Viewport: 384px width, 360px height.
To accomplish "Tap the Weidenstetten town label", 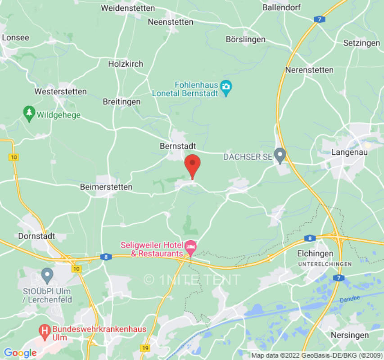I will (128, 8).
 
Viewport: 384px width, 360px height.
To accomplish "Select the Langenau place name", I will (349, 152).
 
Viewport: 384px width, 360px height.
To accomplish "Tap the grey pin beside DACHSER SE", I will (280, 156).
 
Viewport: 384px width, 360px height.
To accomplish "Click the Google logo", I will (20, 353).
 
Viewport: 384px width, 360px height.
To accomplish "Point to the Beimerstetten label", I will (106, 187).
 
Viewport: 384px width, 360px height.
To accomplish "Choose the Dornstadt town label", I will (36, 236).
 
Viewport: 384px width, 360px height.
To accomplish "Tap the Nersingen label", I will (350, 335).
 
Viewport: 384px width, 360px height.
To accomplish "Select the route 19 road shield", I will (145, 348).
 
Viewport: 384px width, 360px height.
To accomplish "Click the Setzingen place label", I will (361, 43).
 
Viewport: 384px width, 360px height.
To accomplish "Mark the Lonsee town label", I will (16, 38).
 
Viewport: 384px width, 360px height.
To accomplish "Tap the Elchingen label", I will (315, 254).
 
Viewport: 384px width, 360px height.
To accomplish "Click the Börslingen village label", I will (245, 40).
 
